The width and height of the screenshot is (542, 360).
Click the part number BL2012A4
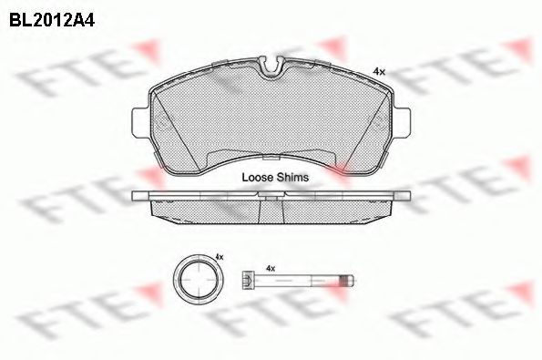(52, 20)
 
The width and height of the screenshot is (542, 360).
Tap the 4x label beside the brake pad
(379, 72)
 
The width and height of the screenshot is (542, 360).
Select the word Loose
(257, 178)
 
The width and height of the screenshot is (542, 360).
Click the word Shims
(291, 178)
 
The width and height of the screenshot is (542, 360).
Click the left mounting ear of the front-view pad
(141, 122)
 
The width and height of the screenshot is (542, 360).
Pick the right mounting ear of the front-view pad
(402, 122)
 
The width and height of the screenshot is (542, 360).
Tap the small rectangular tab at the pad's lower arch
(271, 158)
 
